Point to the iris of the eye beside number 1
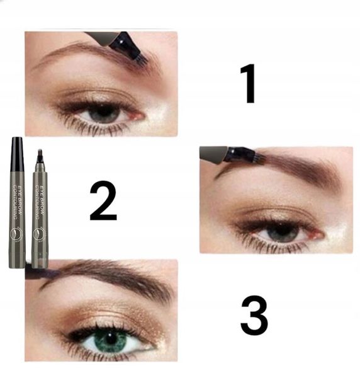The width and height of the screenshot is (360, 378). coord(104,113)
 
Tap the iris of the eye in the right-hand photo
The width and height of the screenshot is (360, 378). coord(281,232)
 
